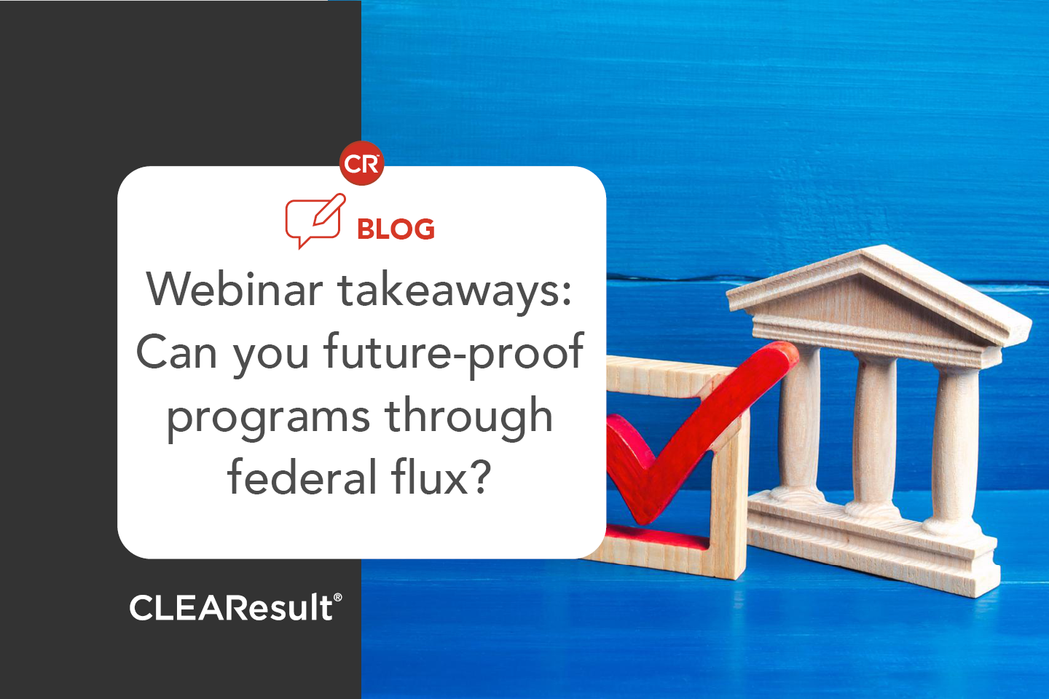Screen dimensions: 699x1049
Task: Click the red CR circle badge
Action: [x=361, y=163]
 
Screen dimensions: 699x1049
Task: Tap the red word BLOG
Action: [x=396, y=229]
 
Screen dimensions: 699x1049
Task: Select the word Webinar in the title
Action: [x=235, y=290]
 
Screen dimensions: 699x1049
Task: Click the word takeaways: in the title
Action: [x=455, y=290]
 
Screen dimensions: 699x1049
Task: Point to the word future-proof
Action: [x=453, y=353]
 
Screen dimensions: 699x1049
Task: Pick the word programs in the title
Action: [x=268, y=417]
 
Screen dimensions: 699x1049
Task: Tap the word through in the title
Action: [x=468, y=417]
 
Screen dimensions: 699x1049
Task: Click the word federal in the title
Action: [x=302, y=478]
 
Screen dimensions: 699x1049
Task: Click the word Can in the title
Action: [x=177, y=353]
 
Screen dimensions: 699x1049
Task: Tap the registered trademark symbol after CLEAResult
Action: [x=337, y=597]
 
